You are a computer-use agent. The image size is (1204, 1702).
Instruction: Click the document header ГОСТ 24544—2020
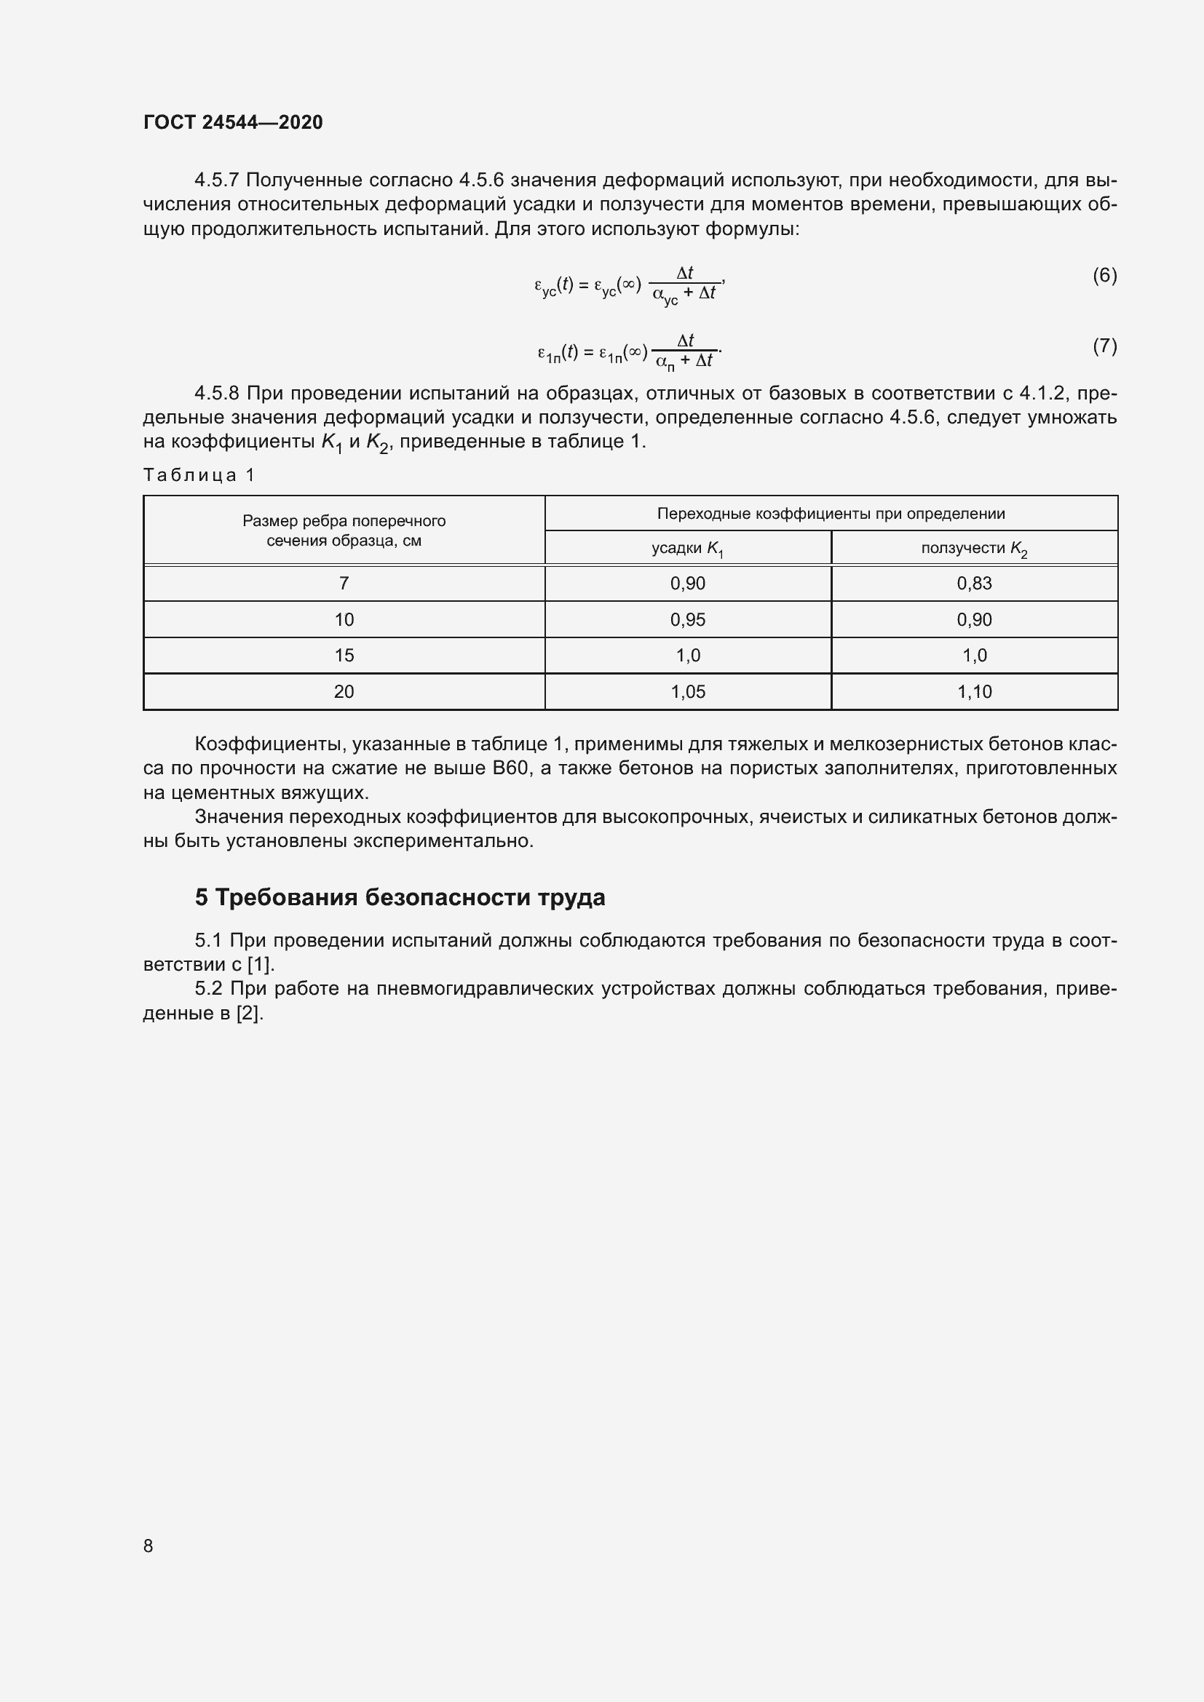[233, 122]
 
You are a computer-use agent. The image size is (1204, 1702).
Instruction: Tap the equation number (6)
[1104, 276]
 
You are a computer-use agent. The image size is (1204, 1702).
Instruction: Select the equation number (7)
[1104, 346]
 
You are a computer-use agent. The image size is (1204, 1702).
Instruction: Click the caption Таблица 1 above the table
[199, 475]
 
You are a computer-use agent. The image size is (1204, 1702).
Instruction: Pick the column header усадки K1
[687, 549]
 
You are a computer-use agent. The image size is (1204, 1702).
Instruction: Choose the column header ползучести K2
[974, 549]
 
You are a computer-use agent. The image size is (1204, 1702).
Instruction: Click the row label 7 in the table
[344, 584]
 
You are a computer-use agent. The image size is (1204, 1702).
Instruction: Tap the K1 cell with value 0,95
[687, 620]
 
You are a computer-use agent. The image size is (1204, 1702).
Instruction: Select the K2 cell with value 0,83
[974, 584]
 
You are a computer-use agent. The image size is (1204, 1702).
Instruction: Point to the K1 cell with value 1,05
[687, 691]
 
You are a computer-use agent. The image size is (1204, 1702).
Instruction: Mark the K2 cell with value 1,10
[974, 691]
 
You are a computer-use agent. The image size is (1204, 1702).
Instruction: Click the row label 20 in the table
[344, 691]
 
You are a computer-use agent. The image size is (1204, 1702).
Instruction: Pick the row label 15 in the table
[344, 656]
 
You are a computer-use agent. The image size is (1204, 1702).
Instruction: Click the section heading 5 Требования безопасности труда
[400, 898]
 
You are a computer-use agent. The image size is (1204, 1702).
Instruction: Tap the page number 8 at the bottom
[148, 1546]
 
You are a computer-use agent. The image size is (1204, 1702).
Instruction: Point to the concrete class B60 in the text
[510, 768]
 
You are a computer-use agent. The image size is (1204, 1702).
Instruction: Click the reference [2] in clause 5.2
[249, 1014]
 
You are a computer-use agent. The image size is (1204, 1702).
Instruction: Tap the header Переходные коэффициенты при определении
[831, 514]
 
